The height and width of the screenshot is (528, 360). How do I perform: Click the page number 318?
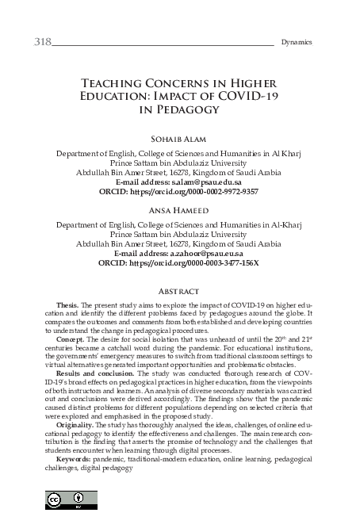(42, 40)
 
